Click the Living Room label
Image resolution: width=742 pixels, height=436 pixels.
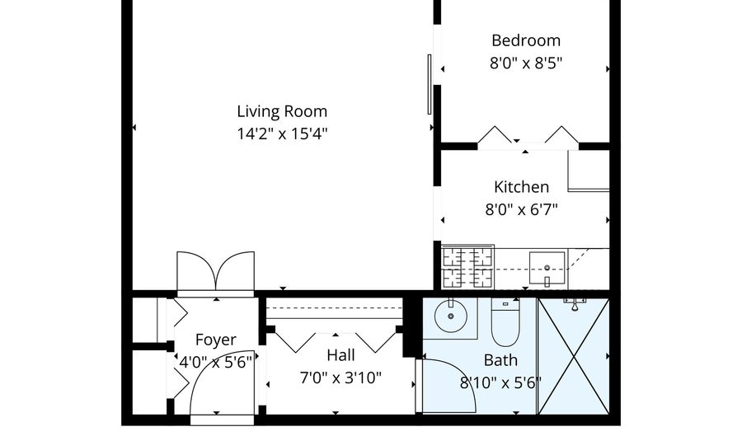282,111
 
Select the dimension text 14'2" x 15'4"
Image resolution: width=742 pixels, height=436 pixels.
282,133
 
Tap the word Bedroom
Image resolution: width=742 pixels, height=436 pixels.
526,40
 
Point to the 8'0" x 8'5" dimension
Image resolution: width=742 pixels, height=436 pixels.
526,62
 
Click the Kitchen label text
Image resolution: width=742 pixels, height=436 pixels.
521,187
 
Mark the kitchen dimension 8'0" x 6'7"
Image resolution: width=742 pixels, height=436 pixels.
521,209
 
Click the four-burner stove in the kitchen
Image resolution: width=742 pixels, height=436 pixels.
467,267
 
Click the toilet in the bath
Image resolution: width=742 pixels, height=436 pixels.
504,323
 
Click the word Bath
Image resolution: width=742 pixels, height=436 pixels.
500,360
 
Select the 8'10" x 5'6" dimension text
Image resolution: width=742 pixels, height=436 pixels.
500,382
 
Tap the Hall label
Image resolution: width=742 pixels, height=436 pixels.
340,355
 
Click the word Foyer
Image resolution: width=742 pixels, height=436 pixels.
215,340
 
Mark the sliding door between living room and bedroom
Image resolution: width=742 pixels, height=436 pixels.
429,84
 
